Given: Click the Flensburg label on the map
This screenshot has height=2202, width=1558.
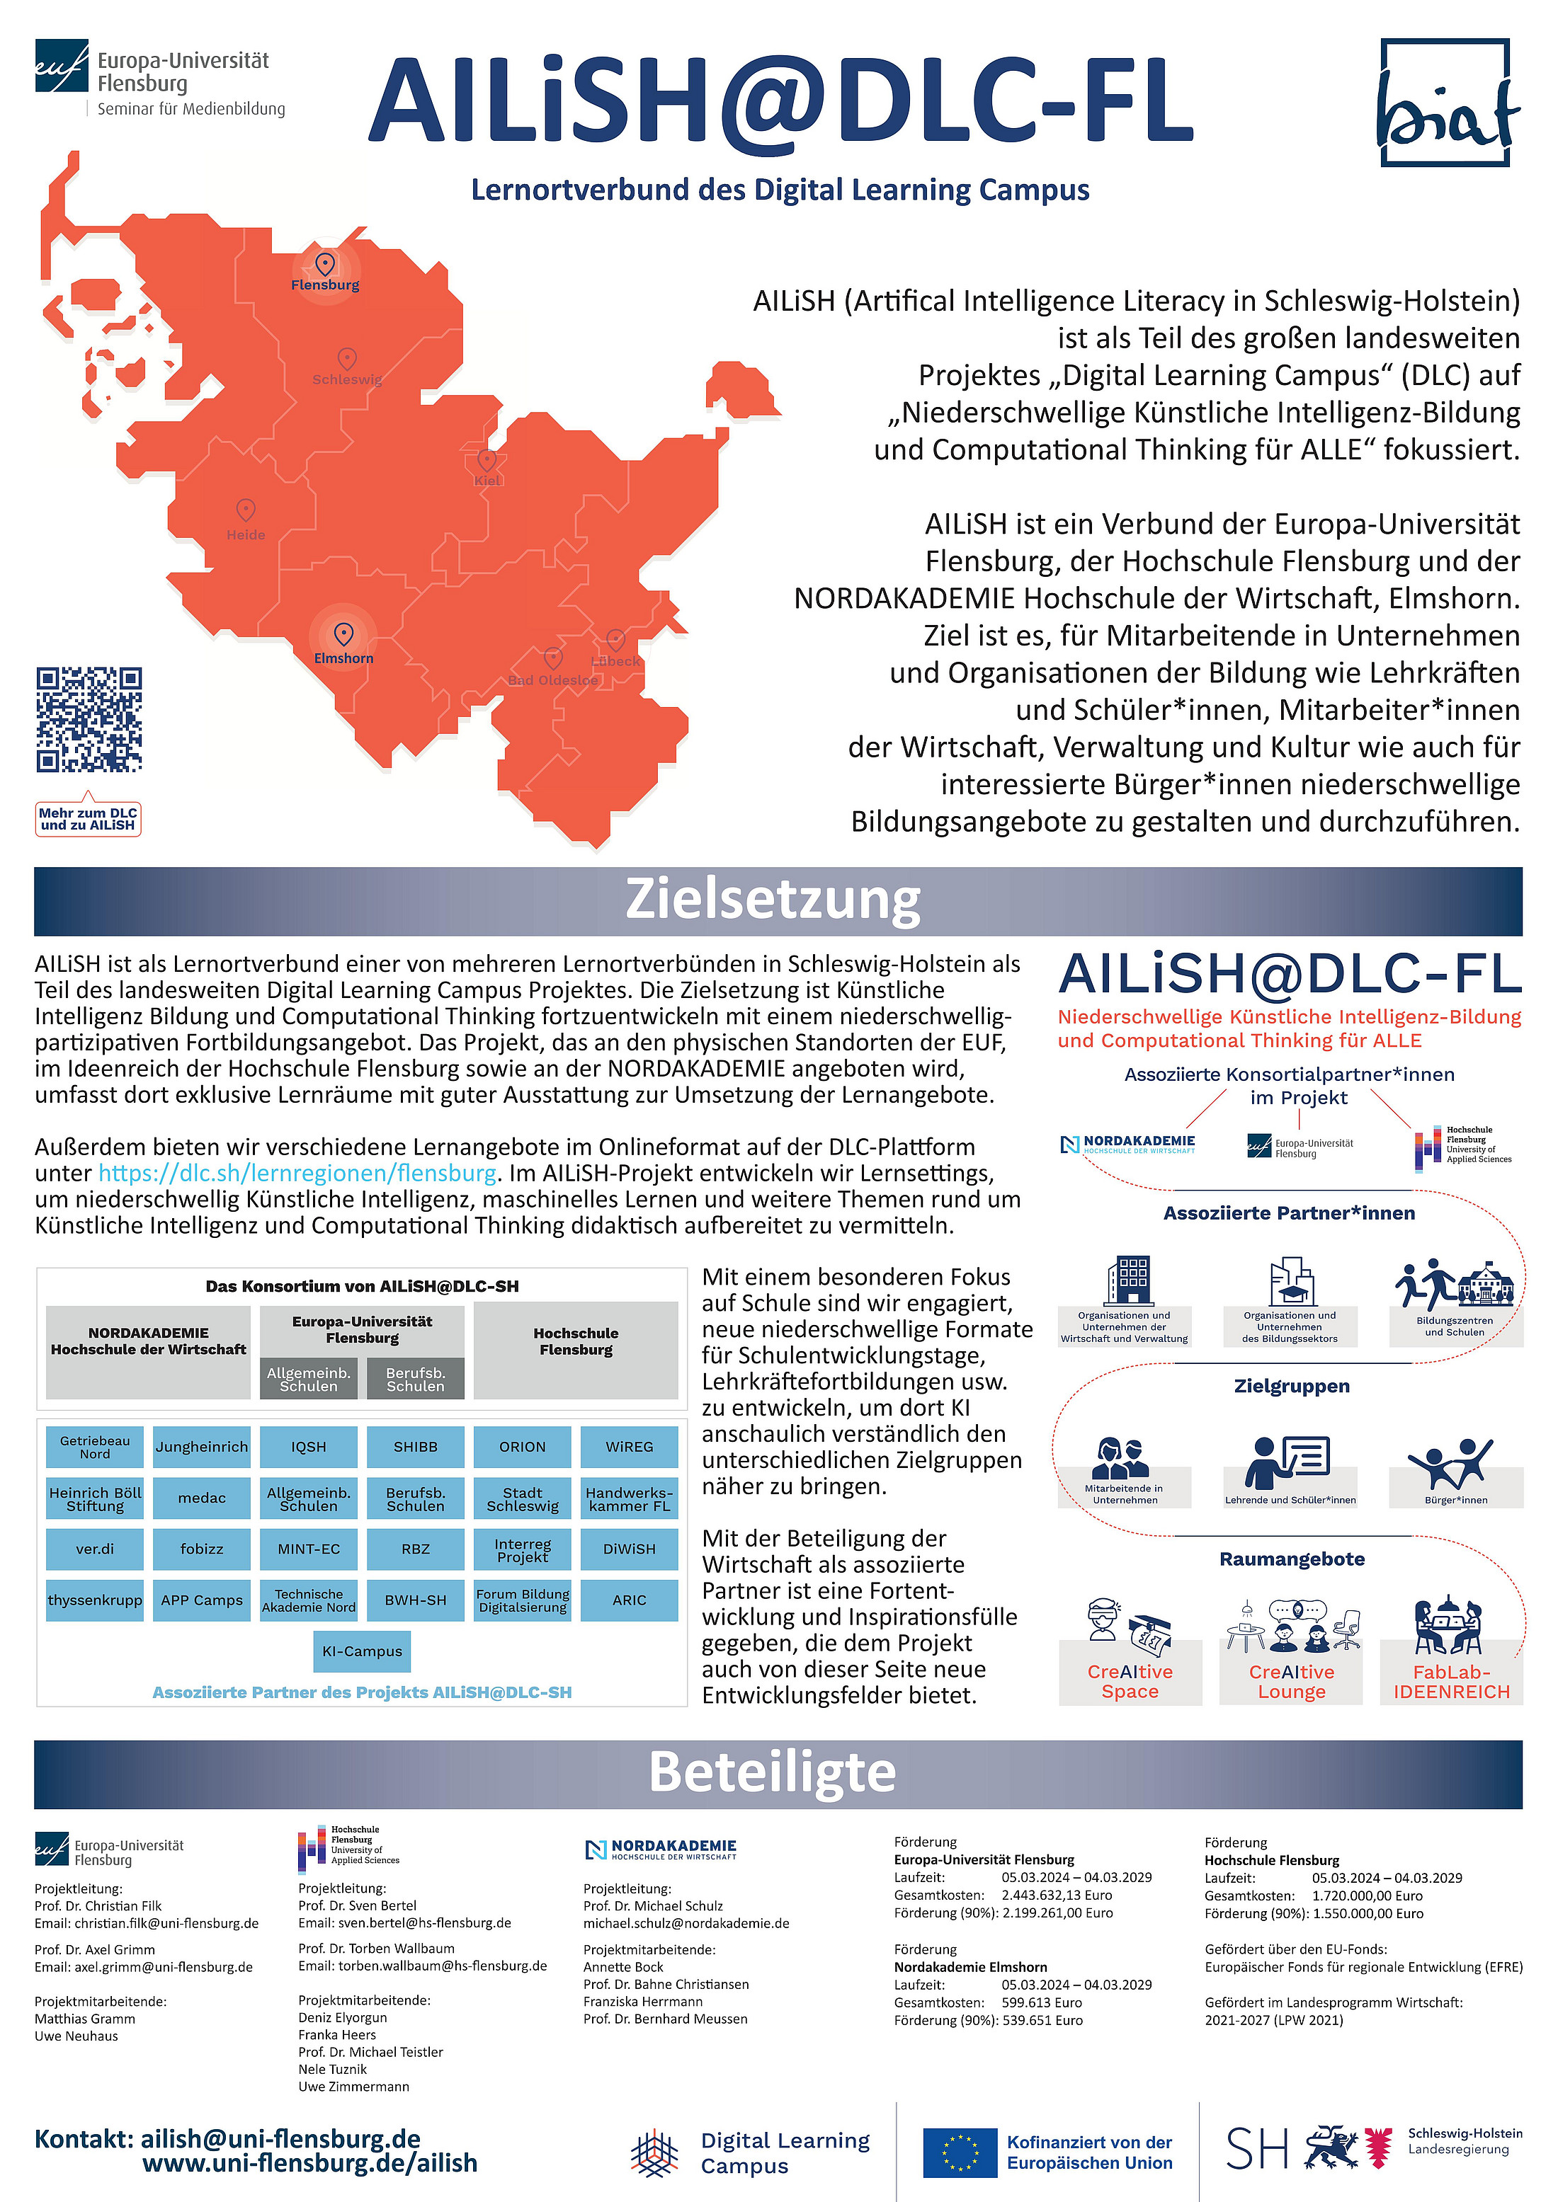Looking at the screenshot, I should (x=325, y=285).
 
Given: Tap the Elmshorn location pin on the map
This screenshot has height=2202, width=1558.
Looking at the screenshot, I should (x=343, y=634).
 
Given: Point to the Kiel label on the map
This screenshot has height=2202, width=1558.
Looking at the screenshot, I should (x=487, y=481).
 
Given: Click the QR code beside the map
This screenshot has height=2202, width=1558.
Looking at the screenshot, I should (x=89, y=719).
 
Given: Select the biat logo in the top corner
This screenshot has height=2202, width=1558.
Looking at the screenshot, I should (x=1447, y=103).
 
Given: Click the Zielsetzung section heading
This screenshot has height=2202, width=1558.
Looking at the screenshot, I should (x=773, y=900).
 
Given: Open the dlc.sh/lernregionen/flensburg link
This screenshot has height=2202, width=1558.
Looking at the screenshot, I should (x=297, y=1173).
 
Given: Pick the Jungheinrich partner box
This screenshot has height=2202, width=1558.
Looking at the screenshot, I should (x=201, y=1447).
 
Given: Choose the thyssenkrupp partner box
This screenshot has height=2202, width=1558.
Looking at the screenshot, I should (x=95, y=1600).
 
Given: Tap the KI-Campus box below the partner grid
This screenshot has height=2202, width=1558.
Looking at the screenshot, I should (x=362, y=1651).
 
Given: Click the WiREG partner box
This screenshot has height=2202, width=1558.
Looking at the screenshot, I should (x=630, y=1447).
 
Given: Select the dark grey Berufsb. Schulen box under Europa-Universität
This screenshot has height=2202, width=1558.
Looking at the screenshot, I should (x=416, y=1379).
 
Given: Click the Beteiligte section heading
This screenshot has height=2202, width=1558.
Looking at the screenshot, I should (x=773, y=1772).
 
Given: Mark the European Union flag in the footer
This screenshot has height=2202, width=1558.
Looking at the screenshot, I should (x=960, y=2153).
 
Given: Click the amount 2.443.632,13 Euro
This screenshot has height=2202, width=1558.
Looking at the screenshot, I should (x=1057, y=1895).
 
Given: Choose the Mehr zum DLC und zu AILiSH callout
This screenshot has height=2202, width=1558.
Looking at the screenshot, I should (x=89, y=819).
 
